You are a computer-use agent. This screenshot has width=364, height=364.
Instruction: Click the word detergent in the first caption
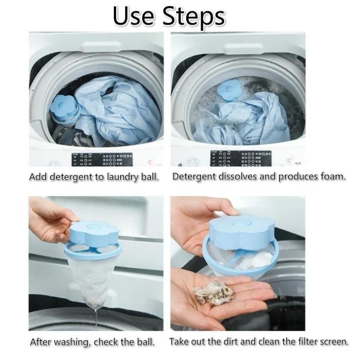coord(70,177)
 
